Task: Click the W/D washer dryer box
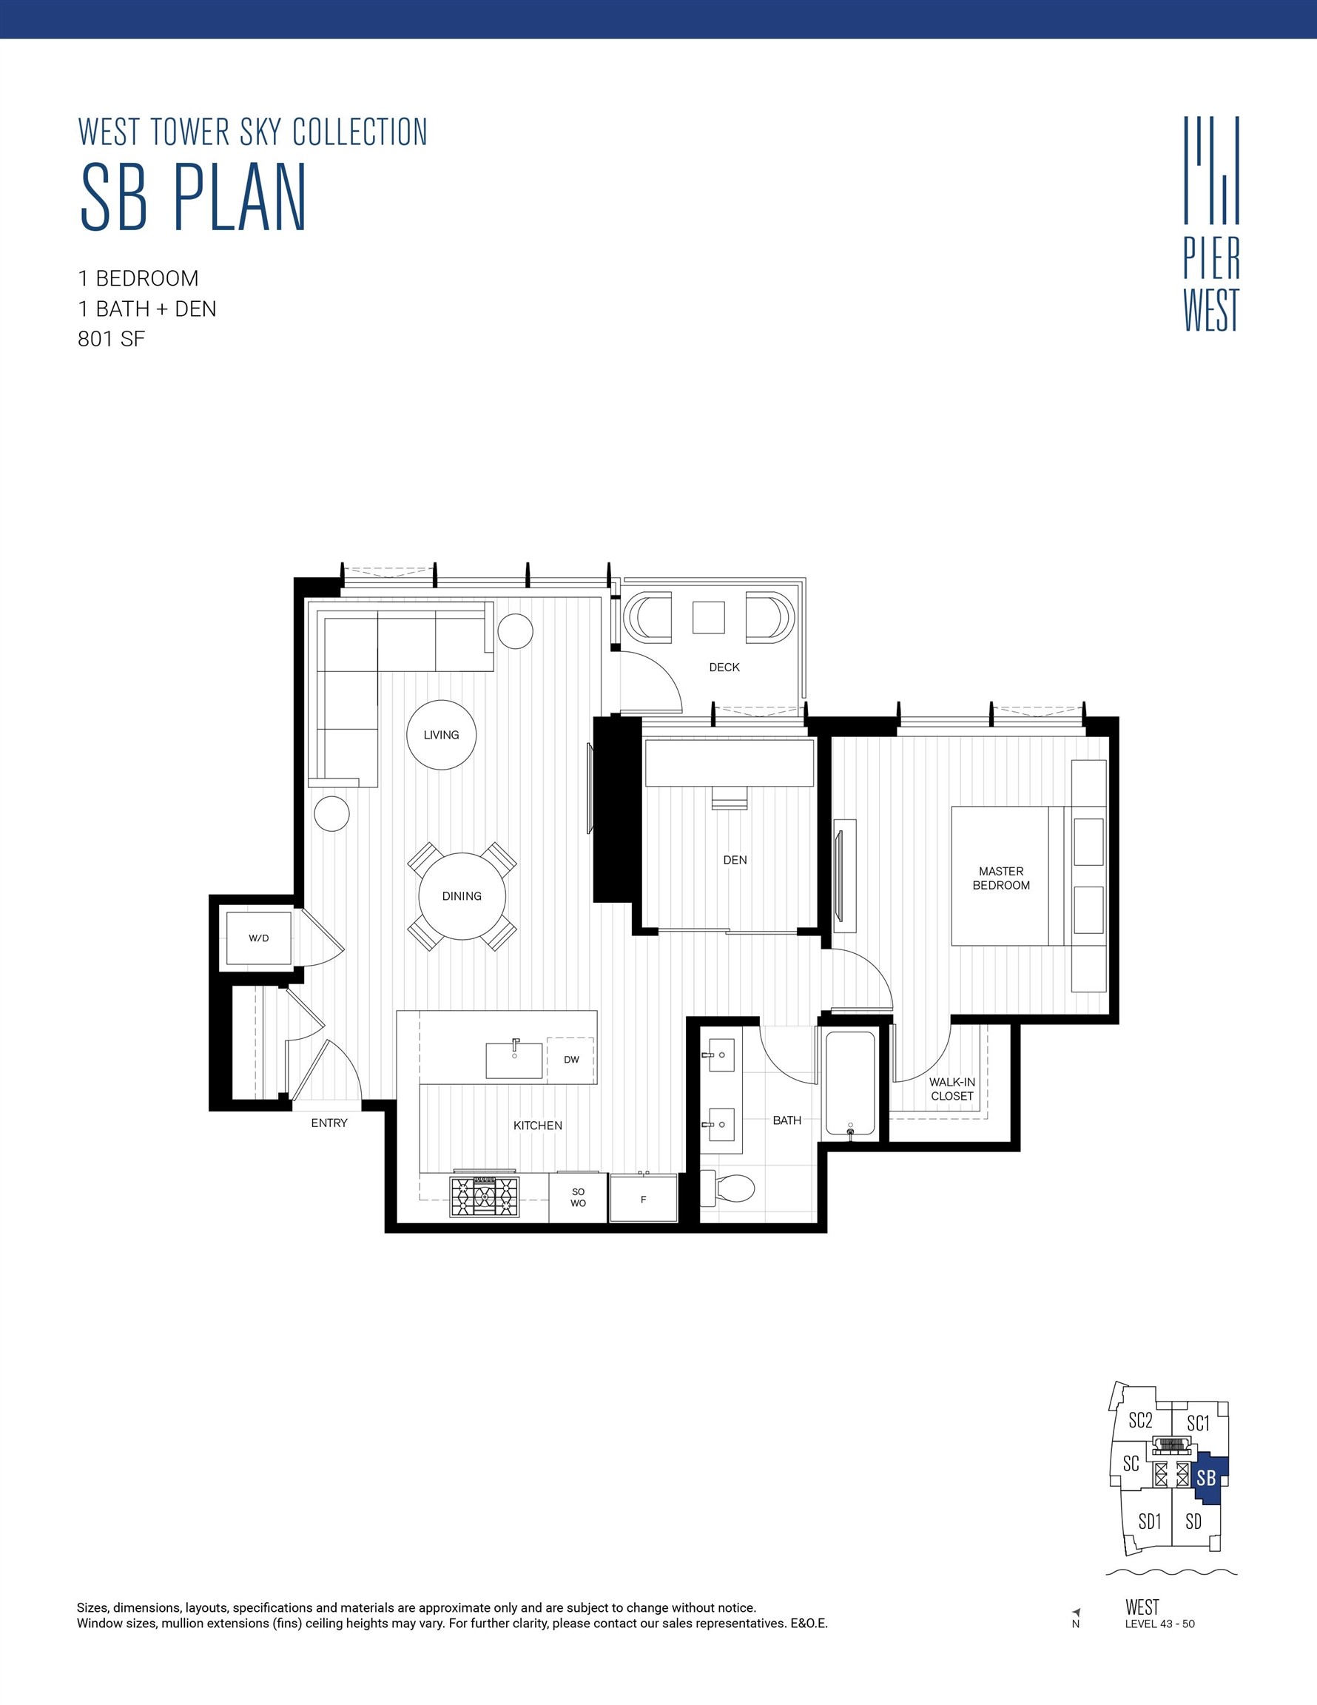(258, 938)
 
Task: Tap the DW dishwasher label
(571, 1060)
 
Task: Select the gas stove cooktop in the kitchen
(484, 1197)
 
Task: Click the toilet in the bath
(729, 1189)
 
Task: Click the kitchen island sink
(513, 1060)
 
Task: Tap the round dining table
(462, 896)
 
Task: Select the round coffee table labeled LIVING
(441, 735)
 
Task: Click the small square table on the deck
(708, 616)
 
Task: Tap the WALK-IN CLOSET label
(951, 1089)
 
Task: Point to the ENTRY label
(329, 1123)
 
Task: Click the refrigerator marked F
(643, 1198)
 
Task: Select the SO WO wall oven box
(578, 1197)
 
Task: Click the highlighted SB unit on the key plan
(1207, 1478)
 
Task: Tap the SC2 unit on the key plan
(1139, 1420)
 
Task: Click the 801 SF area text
(112, 339)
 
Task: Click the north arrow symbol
(1076, 1611)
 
